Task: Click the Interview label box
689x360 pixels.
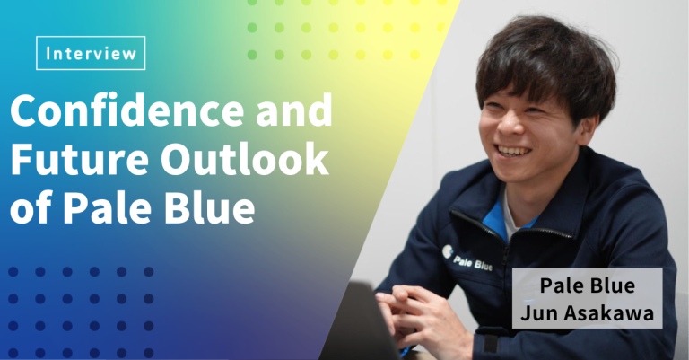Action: pyautogui.click(x=91, y=53)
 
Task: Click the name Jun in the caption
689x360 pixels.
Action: pyautogui.click(x=540, y=313)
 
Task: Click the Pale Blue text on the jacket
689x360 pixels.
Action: pyautogui.click(x=473, y=262)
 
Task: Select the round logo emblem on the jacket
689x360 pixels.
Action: pyautogui.click(x=447, y=251)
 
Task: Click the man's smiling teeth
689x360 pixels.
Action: pyautogui.click(x=515, y=151)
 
